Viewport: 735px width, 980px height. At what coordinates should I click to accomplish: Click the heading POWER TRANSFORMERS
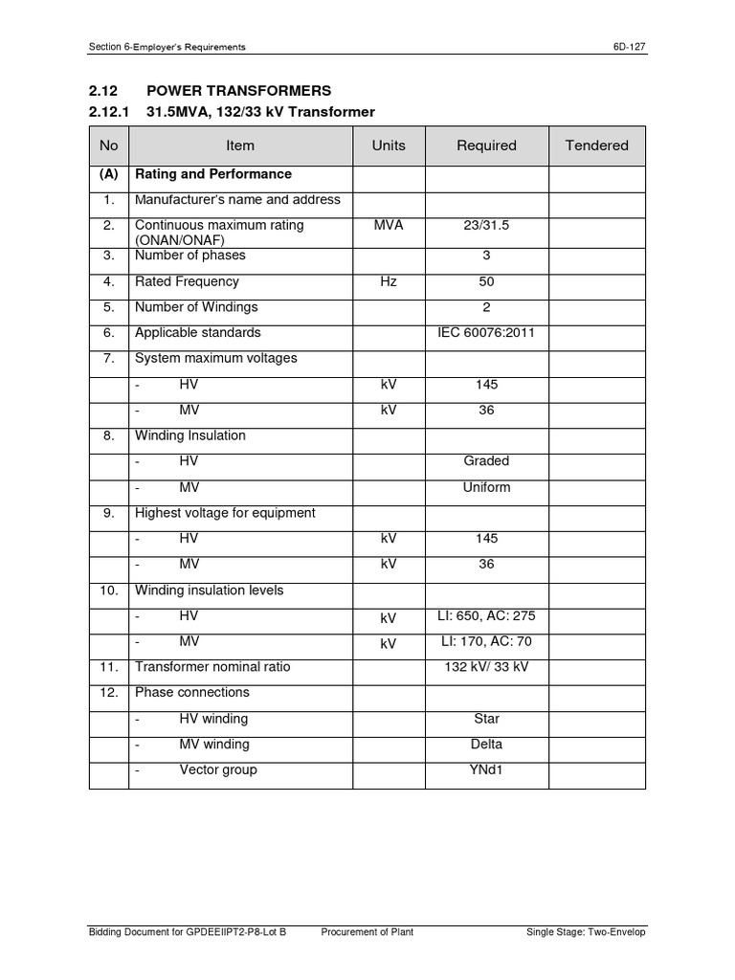point(238,91)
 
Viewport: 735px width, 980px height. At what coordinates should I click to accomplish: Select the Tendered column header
point(596,145)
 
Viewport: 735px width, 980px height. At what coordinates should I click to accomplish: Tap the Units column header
point(389,145)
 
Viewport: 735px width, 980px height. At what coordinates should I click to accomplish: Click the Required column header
point(486,145)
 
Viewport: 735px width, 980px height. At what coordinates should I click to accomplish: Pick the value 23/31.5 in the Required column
point(486,226)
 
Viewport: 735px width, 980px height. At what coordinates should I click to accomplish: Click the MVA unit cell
point(389,226)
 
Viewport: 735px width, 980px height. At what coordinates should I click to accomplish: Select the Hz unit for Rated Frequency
point(389,282)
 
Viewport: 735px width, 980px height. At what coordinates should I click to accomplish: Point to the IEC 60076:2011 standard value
point(486,333)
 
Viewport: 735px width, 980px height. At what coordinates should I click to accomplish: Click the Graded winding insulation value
point(486,461)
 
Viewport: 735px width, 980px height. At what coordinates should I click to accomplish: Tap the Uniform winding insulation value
point(486,487)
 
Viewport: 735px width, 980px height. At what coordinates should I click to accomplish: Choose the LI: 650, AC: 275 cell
point(486,616)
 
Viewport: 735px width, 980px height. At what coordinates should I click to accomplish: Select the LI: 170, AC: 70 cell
point(486,642)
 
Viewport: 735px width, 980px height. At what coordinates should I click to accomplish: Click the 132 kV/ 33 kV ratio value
point(486,667)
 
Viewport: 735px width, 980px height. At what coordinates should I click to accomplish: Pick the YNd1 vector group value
point(486,770)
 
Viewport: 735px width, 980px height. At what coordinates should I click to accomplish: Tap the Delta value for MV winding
point(486,745)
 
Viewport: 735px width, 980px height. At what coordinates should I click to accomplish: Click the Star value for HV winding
point(486,719)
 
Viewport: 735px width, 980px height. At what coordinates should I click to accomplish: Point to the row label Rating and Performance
point(213,174)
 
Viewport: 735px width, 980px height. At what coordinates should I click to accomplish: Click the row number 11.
point(108,667)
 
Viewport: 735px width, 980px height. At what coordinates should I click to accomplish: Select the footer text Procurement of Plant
point(367,933)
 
